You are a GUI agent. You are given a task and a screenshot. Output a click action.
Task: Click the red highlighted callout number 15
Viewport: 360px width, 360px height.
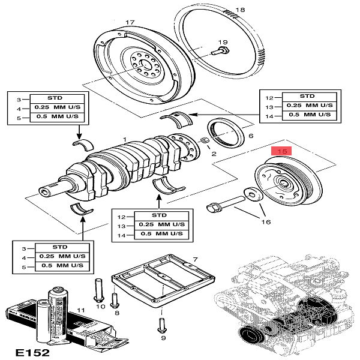283,152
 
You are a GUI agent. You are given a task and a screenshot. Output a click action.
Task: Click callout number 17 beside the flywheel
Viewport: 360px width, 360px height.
128,23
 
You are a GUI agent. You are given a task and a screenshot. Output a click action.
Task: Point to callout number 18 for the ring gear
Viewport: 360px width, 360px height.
241,10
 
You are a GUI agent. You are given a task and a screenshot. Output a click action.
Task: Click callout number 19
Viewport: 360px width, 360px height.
223,42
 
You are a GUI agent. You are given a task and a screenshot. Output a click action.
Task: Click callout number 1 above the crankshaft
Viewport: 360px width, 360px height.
124,139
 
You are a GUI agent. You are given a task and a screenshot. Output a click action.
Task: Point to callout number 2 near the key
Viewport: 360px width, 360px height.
212,154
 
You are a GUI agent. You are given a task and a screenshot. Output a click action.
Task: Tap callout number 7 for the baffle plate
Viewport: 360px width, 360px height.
194,259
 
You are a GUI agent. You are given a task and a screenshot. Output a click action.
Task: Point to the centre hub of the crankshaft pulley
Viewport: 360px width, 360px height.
281,185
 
